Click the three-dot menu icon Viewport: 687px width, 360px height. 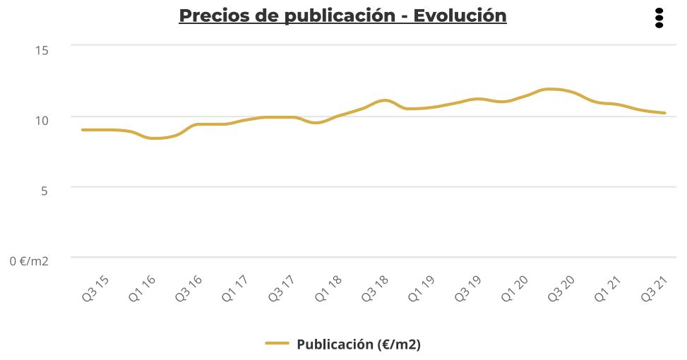tap(659, 18)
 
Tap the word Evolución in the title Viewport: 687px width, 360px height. tap(460, 16)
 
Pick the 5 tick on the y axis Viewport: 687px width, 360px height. tap(43, 190)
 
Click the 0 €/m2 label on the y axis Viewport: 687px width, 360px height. tap(29, 261)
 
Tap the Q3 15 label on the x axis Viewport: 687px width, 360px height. tap(95, 289)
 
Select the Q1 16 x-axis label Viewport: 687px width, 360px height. tap(142, 289)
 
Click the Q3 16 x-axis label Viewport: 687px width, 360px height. tap(188, 289)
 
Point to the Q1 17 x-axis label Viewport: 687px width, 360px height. tap(234, 289)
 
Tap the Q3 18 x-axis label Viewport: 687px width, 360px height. tap(374, 289)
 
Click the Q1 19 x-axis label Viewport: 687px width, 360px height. tap(421, 289)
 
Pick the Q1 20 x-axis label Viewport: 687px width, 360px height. tap(514, 289)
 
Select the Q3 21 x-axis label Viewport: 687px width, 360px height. tap(654, 289)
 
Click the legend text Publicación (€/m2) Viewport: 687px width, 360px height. tap(359, 344)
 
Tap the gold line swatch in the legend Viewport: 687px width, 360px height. tap(277, 344)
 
